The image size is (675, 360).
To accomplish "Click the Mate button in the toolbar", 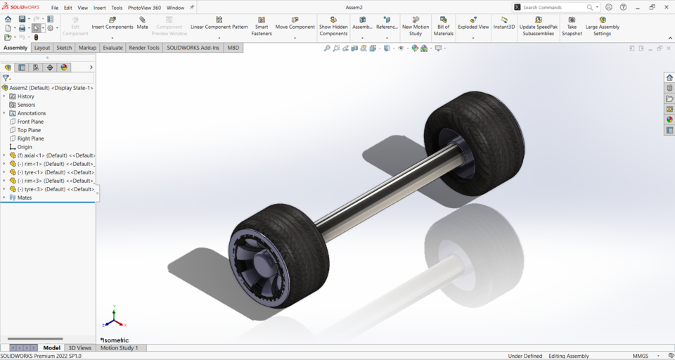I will point(142,22).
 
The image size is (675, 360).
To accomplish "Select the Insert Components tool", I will point(112,22).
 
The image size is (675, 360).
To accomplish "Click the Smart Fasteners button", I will point(262,25).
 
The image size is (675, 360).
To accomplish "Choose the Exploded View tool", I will point(473,22).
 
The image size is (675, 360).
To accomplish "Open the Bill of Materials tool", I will point(443,25).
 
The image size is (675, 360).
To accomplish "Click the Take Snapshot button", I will point(572,25).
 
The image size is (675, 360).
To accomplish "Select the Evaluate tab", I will point(112,48).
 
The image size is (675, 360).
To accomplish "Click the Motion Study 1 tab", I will point(119,348).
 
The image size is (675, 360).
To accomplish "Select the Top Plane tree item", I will point(29,130).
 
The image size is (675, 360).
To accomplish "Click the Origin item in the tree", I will point(25,147).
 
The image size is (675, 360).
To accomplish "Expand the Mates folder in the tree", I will point(4,198).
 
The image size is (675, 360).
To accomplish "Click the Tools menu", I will point(117,8).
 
